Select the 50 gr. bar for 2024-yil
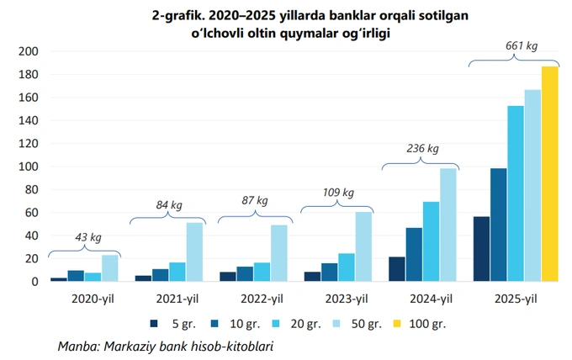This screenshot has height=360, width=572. click(448, 225)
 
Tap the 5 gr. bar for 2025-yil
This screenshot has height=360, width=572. click(481, 249)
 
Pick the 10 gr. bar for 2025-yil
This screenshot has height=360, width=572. click(498, 225)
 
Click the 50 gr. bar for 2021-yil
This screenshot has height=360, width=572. click(194, 251)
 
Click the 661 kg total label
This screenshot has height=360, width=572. click(520, 45)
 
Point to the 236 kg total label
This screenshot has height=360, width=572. click(423, 149)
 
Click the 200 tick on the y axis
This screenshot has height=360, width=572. click(29, 51)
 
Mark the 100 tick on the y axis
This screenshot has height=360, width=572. click(29, 167)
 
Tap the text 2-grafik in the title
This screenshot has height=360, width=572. click(152, 15)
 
